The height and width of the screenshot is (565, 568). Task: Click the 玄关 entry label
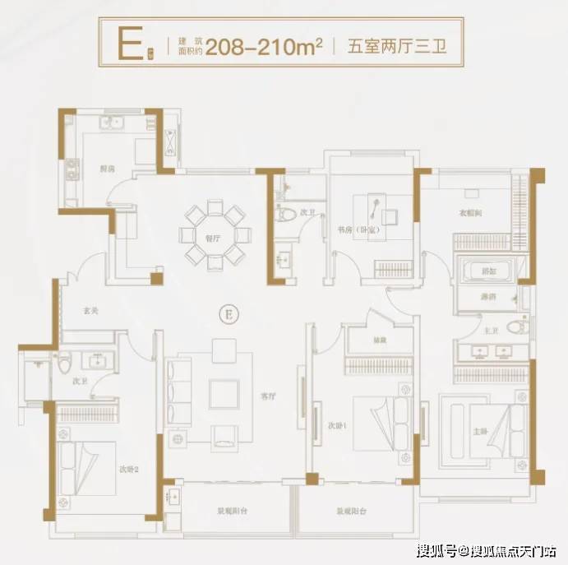(90, 311)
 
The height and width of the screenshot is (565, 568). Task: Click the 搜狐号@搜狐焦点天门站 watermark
(487, 549)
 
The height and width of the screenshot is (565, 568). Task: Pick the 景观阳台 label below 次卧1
(351, 511)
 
